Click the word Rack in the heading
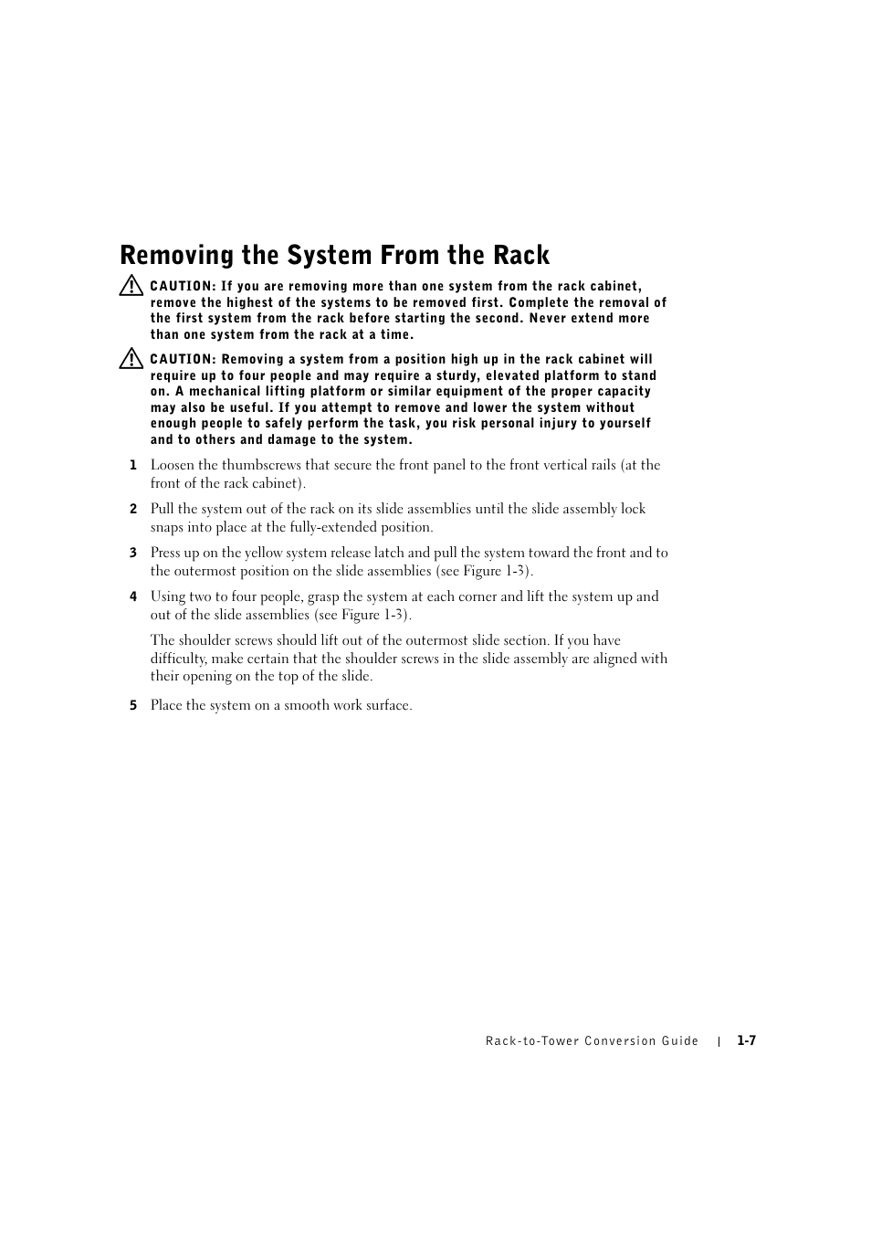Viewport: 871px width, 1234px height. (523, 255)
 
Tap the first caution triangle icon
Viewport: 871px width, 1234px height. (131, 286)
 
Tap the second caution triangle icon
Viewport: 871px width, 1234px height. (131, 359)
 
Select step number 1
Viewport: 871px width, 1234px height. (132, 465)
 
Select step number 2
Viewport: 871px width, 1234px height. (132, 509)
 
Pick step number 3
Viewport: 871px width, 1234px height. (132, 553)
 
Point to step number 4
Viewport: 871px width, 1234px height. (132, 596)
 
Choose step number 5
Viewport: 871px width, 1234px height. (132, 705)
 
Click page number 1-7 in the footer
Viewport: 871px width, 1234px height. (747, 1040)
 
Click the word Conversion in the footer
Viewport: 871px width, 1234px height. (621, 1041)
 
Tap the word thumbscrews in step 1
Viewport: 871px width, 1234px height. (261, 465)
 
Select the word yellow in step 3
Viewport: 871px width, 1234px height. (264, 553)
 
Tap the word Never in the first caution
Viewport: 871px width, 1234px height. (548, 318)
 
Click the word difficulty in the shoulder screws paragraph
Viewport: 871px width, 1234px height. (178, 659)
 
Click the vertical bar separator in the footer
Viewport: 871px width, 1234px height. (719, 1041)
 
